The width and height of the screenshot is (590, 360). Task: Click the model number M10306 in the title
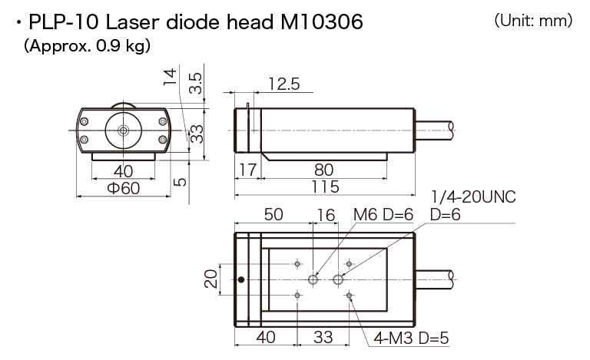tap(322, 21)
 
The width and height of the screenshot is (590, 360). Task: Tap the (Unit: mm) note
tap(533, 20)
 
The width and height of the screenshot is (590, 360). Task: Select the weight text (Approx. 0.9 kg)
tap(88, 45)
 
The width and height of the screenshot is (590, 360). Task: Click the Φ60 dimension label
tap(124, 188)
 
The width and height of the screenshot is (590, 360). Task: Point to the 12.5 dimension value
tap(284, 84)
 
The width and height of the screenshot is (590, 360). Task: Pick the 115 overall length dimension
tap(326, 187)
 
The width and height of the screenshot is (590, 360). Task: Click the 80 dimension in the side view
tap(323, 170)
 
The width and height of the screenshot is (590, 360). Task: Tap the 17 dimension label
tap(248, 170)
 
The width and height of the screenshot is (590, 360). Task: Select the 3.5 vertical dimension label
tap(196, 84)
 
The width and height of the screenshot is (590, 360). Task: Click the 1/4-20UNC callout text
tap(473, 197)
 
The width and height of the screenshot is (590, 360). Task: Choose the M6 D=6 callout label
tap(383, 215)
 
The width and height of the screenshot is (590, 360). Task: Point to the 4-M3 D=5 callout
tap(411, 338)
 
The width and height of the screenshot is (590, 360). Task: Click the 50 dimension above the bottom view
tap(273, 215)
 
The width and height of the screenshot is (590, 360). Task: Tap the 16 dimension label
tap(326, 216)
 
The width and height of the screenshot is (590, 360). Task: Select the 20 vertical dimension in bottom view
tap(211, 279)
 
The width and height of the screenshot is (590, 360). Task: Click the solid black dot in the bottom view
tap(241, 279)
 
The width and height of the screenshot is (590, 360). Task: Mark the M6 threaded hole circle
tap(313, 279)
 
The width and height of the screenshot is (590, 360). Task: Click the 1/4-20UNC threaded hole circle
tap(338, 279)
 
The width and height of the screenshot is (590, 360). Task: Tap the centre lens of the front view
tap(123, 130)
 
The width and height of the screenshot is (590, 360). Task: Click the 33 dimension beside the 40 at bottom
tap(323, 338)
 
